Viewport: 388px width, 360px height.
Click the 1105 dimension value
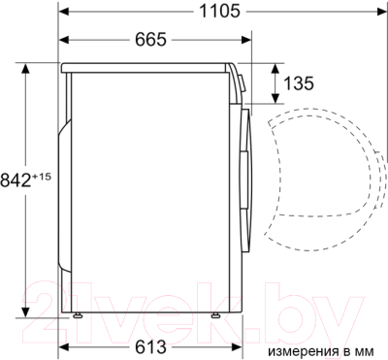pyautogui.click(x=219, y=12)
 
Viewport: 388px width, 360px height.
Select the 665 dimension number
pyautogui.click(x=150, y=40)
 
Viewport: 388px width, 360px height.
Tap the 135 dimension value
pyautogui.click(x=299, y=83)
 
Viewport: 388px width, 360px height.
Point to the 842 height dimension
pyautogui.click(x=16, y=180)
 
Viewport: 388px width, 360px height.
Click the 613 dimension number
pyautogui.click(x=150, y=347)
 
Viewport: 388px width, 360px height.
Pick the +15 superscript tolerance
pyautogui.click(x=41, y=177)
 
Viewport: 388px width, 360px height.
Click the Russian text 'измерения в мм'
pyautogui.click(x=321, y=351)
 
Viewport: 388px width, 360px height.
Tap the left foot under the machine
pyautogui.click(x=78, y=315)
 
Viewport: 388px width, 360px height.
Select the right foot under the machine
pyautogui.click(x=215, y=315)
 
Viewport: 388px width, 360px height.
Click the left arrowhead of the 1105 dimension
pyautogui.click(x=64, y=12)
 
